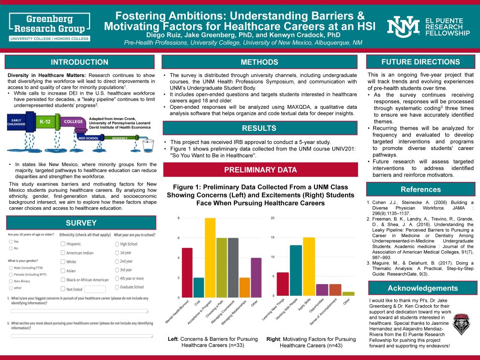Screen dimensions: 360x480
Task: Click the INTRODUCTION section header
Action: point(79,62)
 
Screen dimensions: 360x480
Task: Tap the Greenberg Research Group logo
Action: point(49,26)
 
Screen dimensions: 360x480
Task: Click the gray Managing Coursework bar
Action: point(233,268)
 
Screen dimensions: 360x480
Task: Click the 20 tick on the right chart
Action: point(273,218)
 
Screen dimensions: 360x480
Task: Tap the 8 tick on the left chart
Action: point(179,218)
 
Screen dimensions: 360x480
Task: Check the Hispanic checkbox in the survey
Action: point(63,244)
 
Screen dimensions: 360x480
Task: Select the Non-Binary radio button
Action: point(11,281)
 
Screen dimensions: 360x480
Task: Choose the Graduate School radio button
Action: point(117,287)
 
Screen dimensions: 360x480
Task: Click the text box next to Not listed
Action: point(95,289)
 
